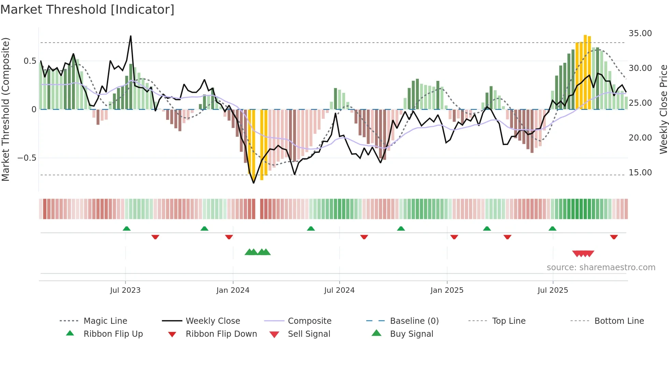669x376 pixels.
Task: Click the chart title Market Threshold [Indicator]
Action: coord(87,10)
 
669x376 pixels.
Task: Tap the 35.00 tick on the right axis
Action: coord(640,33)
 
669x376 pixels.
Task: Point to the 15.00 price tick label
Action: coord(640,173)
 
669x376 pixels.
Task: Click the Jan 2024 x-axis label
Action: coord(233,290)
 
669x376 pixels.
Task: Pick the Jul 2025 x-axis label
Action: coord(553,290)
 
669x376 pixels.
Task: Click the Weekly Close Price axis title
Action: coord(663,109)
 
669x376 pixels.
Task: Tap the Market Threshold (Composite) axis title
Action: coord(5,109)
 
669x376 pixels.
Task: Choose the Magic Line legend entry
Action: coord(105,321)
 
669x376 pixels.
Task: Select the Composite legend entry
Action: coord(309,321)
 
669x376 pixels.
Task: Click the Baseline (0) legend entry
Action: coord(414,321)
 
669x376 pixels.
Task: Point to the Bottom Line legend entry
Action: coord(619,321)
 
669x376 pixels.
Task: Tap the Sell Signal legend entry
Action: coord(309,334)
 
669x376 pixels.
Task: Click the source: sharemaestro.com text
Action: coord(601,267)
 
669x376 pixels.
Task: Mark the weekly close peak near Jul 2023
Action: coord(131,36)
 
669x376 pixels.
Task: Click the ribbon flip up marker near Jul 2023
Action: coord(127,229)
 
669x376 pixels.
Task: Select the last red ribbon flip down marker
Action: coord(614,237)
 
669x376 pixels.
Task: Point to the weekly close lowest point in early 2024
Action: coord(254,183)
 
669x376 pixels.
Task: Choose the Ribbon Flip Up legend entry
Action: coord(113,334)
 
